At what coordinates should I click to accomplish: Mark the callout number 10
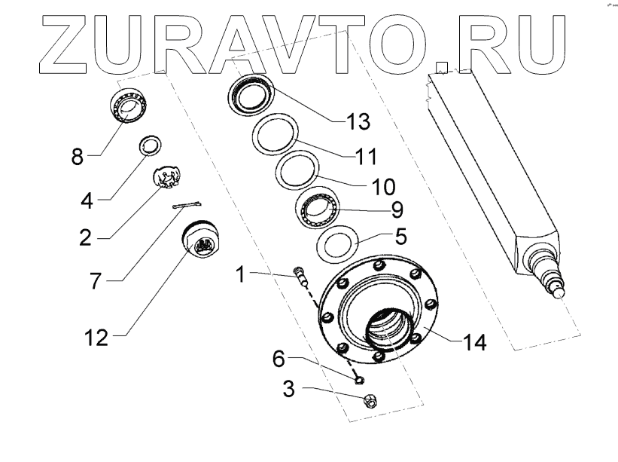coord(384,184)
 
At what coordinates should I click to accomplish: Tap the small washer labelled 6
coord(360,376)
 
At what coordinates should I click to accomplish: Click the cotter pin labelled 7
coord(187,204)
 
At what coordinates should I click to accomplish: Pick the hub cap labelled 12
coord(202,240)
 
